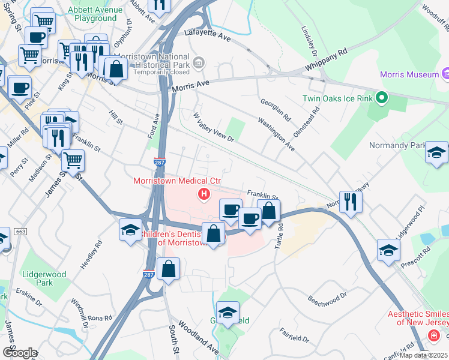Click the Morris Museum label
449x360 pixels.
[x=409, y=74]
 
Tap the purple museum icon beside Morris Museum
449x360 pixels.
[x=445, y=74]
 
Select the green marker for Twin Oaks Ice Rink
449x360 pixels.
[x=381, y=98]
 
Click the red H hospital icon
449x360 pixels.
[x=204, y=194]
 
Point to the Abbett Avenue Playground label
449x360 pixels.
[x=92, y=14]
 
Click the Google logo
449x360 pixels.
[x=19, y=353]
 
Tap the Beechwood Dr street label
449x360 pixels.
[x=327, y=298]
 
